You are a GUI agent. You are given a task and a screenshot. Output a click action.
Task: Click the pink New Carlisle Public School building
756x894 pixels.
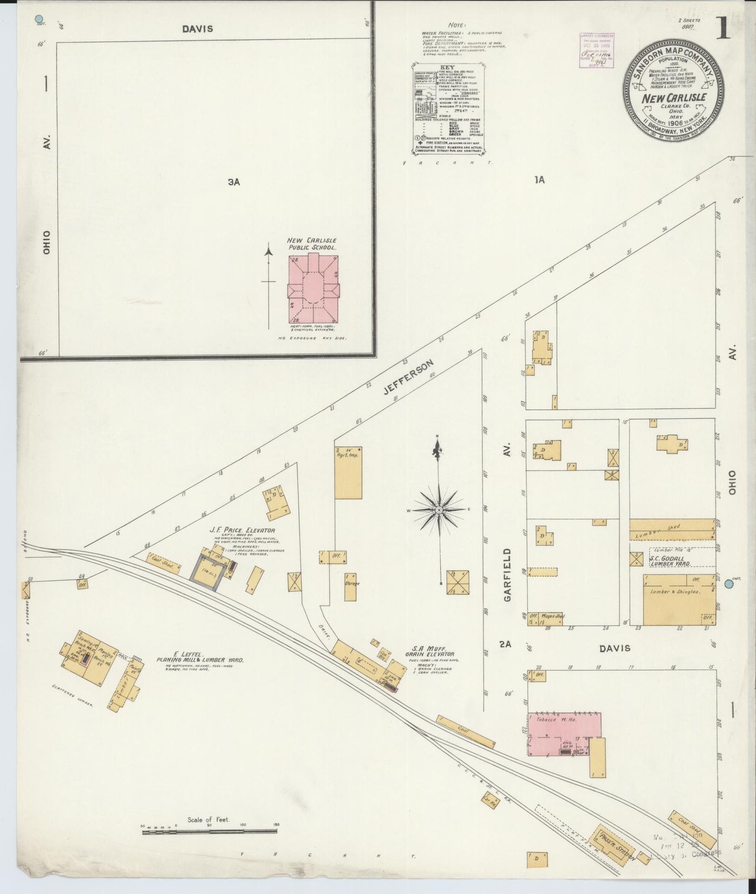(313, 289)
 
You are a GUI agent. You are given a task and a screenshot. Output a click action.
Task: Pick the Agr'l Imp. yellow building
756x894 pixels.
(348, 472)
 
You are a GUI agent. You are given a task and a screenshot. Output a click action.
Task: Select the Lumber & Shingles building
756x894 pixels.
(679, 600)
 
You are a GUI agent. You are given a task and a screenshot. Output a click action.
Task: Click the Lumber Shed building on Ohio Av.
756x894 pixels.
(672, 529)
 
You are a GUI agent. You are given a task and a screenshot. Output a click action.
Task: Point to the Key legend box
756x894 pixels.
(448, 109)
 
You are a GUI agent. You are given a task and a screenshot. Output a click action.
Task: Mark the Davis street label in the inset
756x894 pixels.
(198, 29)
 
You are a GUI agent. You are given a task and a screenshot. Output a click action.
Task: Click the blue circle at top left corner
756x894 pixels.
(38, 20)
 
